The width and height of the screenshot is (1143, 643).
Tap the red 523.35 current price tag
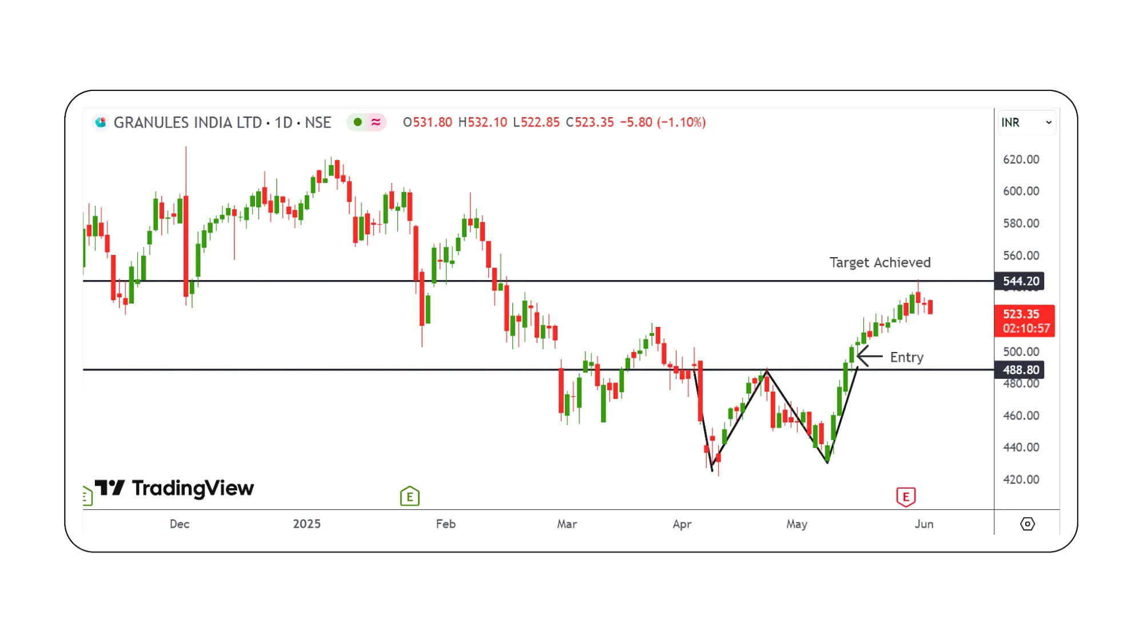click(1024, 321)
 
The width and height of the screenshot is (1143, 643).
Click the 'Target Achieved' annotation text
click(879, 262)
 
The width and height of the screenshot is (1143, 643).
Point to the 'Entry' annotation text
click(906, 357)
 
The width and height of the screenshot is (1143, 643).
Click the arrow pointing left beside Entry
click(869, 356)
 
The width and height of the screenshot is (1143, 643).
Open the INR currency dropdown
click(1026, 122)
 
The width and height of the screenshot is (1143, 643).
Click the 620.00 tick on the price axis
click(1021, 159)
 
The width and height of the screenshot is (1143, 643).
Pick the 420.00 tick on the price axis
click(1021, 480)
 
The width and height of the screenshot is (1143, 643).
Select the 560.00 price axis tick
click(1021, 255)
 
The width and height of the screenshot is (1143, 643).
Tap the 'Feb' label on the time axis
click(445, 524)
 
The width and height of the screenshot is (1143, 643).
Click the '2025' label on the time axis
click(306, 524)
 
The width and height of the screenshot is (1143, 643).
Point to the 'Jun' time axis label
click(923, 524)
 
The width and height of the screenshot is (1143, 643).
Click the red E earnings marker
click(906, 497)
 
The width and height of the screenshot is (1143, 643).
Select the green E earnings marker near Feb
click(409, 497)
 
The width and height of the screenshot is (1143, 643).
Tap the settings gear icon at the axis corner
click(1027, 524)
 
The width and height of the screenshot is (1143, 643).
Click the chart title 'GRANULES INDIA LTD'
click(188, 122)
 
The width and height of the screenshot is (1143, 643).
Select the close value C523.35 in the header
click(590, 122)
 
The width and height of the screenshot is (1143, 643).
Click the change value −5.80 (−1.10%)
click(663, 122)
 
